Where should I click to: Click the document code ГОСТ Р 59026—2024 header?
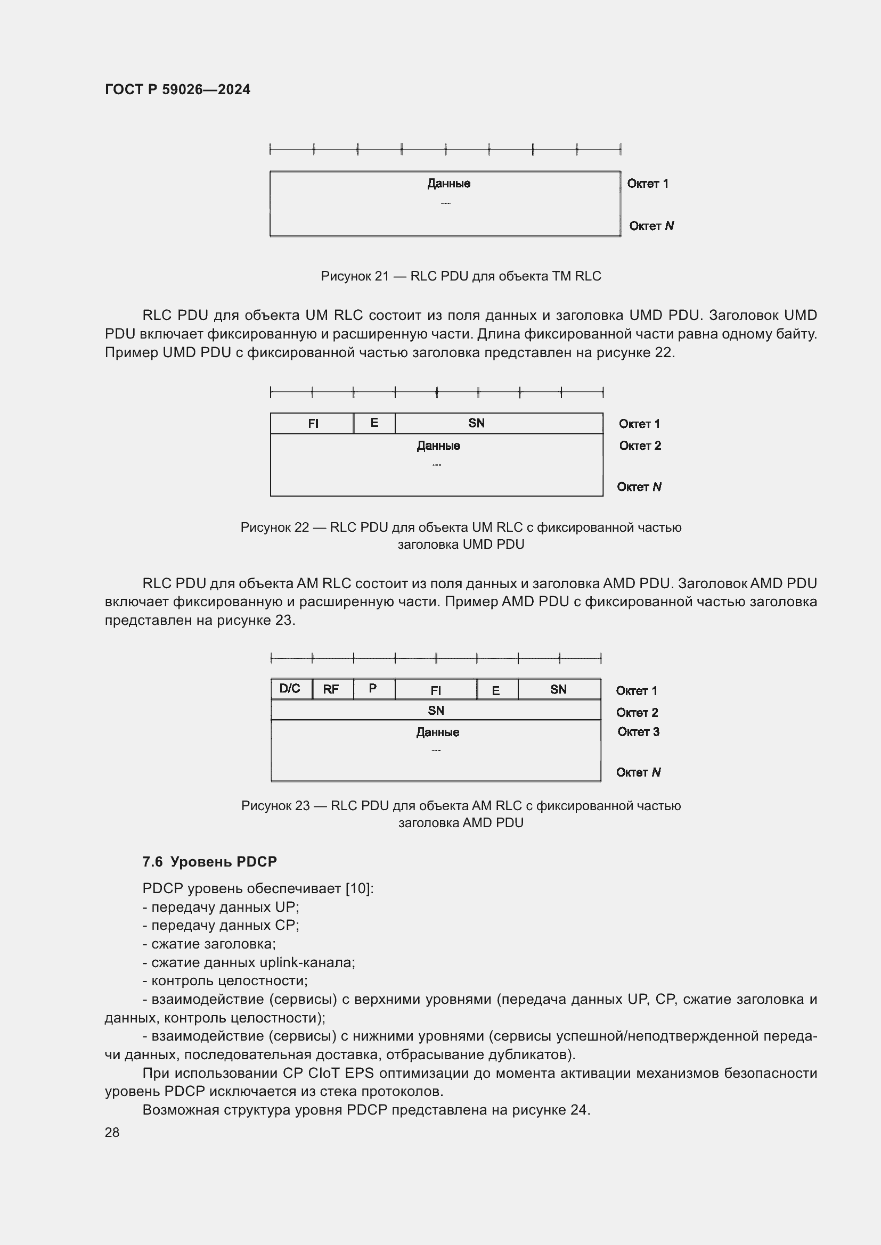177,89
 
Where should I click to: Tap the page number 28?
112,1132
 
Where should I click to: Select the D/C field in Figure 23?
290,689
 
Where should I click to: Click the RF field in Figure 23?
331,689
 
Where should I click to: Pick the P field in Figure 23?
373,689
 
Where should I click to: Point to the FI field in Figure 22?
313,424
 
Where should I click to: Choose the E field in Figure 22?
374,423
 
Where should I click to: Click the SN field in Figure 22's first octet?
476,423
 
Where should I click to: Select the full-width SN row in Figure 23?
436,711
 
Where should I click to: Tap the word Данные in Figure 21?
448,183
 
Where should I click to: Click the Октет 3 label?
638,731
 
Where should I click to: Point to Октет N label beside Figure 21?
651,226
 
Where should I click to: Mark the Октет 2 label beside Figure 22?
640,445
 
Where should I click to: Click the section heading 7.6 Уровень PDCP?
209,862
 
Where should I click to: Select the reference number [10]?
358,888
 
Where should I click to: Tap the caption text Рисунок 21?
355,276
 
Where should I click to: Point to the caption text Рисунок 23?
275,806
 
